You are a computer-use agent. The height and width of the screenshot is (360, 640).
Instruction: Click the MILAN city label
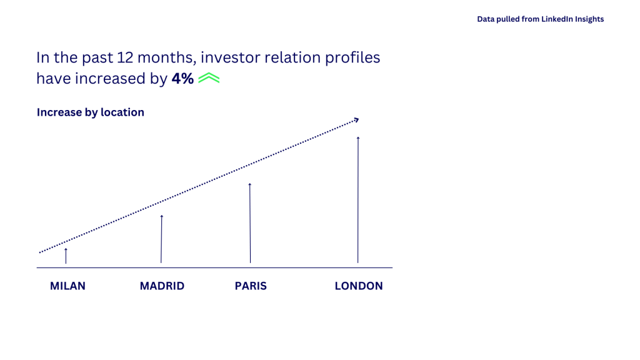tap(67, 286)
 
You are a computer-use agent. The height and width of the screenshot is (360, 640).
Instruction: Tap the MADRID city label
tap(162, 286)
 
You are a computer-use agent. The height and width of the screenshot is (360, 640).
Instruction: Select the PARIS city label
tap(251, 286)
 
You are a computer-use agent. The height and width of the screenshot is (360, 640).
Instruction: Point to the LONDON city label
tap(359, 286)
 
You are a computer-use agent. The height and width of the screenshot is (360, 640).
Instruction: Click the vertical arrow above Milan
tap(66, 256)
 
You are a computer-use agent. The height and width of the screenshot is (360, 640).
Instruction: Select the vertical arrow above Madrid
tap(161, 239)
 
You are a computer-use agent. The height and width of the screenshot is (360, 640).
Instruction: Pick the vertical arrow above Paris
tap(250, 223)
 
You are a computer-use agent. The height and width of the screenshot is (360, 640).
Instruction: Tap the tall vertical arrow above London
tap(358, 200)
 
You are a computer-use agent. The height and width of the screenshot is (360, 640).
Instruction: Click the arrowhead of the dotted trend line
tap(356, 120)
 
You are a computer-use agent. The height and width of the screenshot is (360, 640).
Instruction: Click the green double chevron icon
tap(209, 77)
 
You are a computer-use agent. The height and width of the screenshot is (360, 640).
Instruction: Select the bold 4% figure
tap(182, 78)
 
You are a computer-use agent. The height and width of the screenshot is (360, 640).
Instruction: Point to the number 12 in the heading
tap(125, 57)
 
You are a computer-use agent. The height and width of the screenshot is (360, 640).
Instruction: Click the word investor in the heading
tap(230, 57)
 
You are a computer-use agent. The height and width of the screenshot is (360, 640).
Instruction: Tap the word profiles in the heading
tap(352, 57)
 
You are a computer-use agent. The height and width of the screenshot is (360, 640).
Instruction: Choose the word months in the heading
tap(167, 58)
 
